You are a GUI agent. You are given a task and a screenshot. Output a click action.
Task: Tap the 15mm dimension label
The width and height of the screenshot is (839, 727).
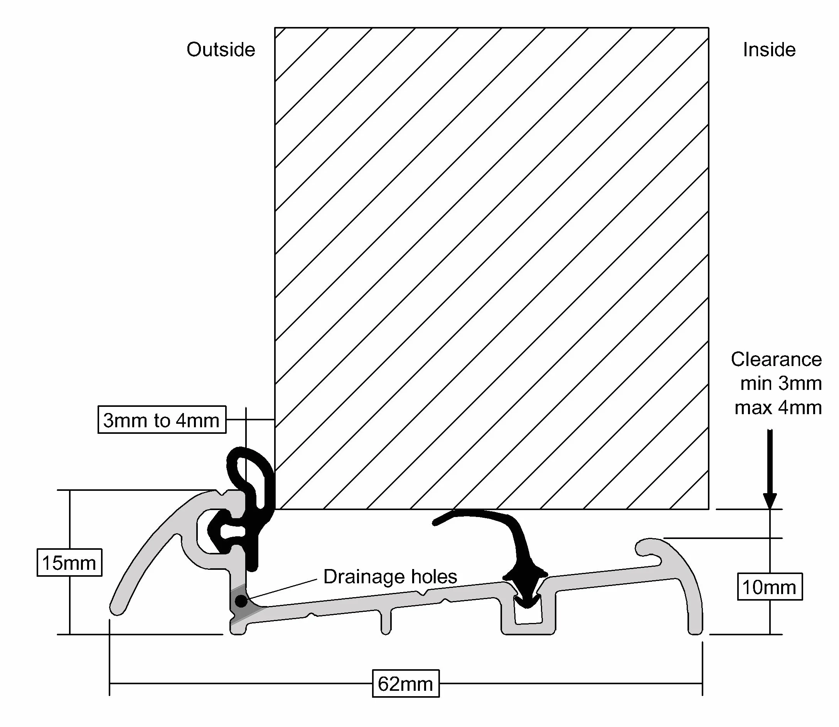(69, 563)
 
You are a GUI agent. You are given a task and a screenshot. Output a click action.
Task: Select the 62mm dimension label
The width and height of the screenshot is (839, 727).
(406, 683)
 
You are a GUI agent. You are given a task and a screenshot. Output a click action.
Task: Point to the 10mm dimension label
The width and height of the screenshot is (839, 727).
(770, 587)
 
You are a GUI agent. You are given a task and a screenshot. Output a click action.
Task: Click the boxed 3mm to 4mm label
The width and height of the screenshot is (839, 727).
(162, 420)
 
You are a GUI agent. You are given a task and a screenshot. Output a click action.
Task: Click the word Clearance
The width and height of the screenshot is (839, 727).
(776, 359)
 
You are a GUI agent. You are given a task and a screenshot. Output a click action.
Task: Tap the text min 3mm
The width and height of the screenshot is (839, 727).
(781, 383)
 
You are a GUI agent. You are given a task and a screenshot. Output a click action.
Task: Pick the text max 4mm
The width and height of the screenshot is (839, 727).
(778, 407)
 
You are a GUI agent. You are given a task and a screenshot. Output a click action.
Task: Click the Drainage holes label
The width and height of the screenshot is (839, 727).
(390, 576)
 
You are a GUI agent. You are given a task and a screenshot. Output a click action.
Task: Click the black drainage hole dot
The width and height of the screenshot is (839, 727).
(241, 601)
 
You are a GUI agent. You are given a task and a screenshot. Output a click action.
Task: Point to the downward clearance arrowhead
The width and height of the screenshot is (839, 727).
(770, 500)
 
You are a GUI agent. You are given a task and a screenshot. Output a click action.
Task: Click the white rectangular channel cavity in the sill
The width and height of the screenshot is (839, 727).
(528, 612)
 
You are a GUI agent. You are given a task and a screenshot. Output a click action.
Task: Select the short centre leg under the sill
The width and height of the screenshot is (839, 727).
(386, 621)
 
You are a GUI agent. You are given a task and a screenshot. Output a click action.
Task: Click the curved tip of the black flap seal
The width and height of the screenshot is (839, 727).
(436, 522)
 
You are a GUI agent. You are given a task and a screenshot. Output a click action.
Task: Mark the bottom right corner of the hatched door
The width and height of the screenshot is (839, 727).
(708, 509)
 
